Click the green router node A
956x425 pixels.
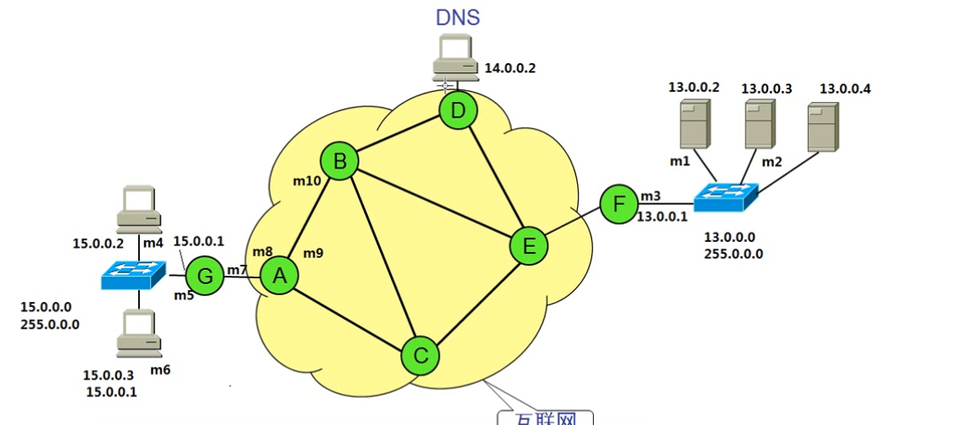pos(280,275)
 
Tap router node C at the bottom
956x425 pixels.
pos(419,355)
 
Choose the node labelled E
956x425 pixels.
pos(529,245)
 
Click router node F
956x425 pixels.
pos(619,204)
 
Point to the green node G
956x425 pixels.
pos(203,275)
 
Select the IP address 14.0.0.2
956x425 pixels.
pos(509,68)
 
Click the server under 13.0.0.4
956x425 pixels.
pos(822,126)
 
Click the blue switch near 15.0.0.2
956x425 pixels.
pos(132,274)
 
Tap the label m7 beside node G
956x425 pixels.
pos(238,269)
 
